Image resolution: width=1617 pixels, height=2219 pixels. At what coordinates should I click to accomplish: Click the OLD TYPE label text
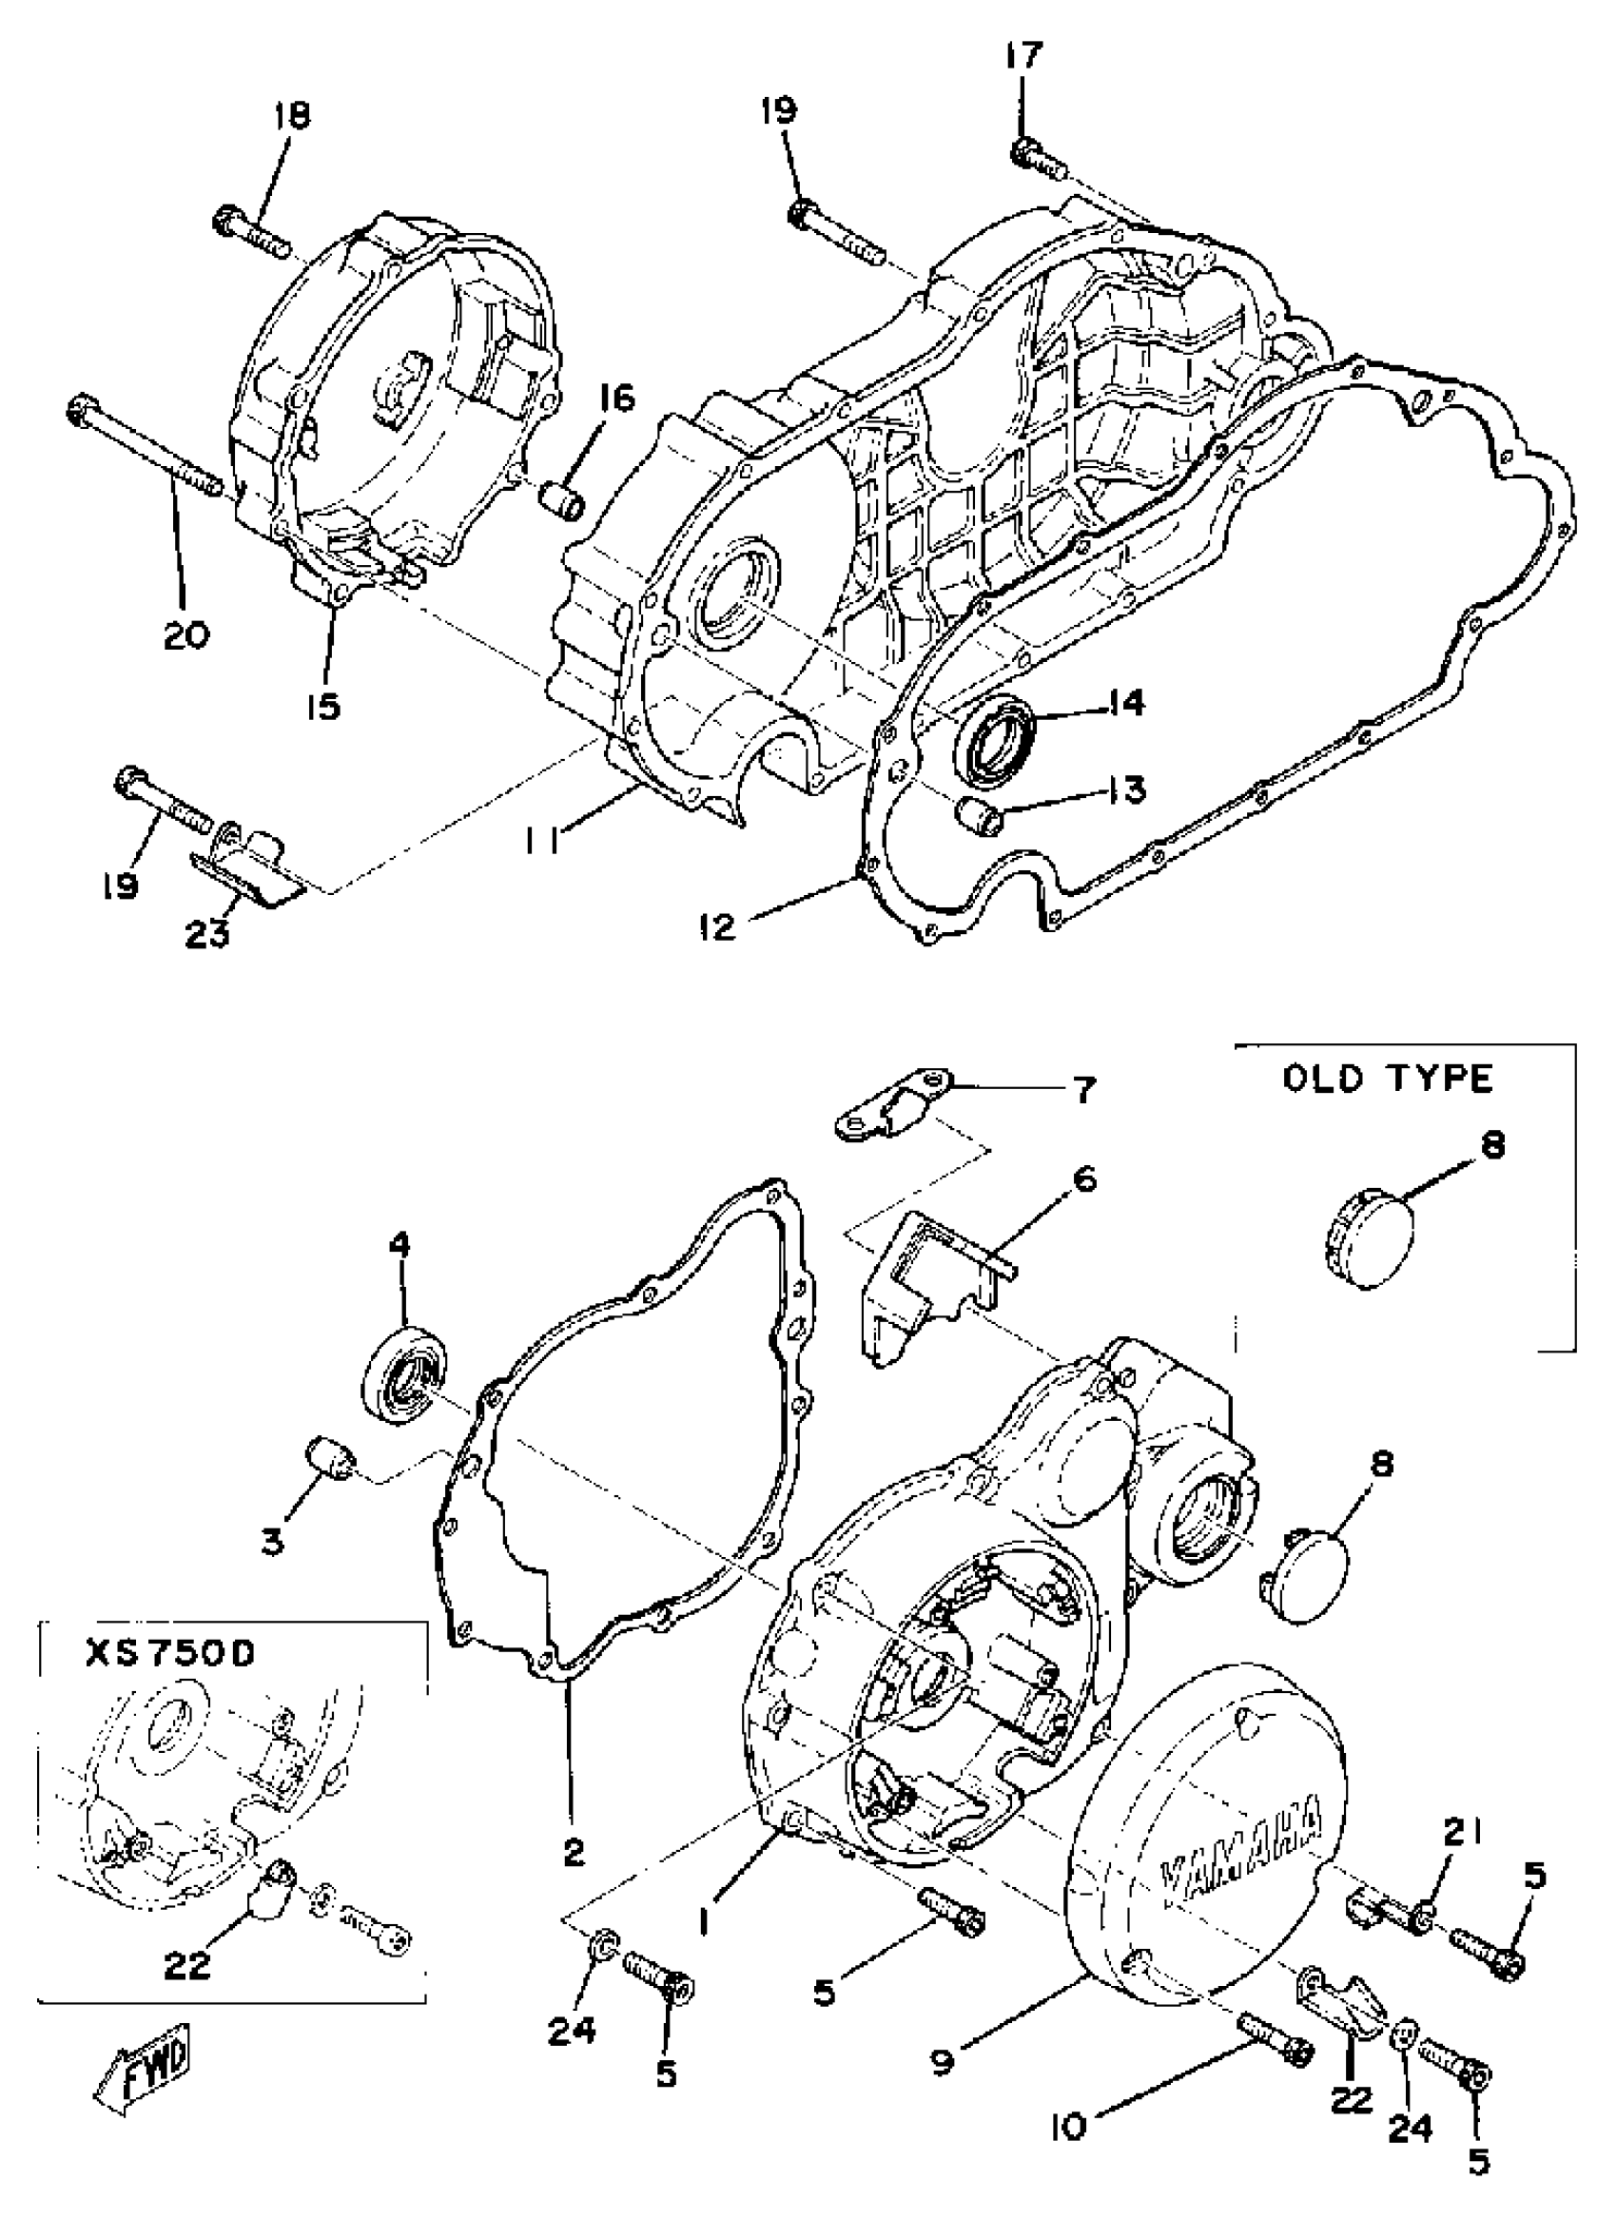(x=1388, y=1079)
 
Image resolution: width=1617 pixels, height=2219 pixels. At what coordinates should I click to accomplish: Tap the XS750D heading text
(x=170, y=1653)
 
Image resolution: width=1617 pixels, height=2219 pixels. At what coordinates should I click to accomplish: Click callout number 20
(x=186, y=635)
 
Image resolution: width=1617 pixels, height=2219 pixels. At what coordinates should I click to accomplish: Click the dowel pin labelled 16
(x=562, y=497)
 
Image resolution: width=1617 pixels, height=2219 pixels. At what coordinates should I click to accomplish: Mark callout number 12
(x=717, y=927)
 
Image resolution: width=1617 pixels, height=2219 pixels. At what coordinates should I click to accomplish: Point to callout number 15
(x=323, y=704)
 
